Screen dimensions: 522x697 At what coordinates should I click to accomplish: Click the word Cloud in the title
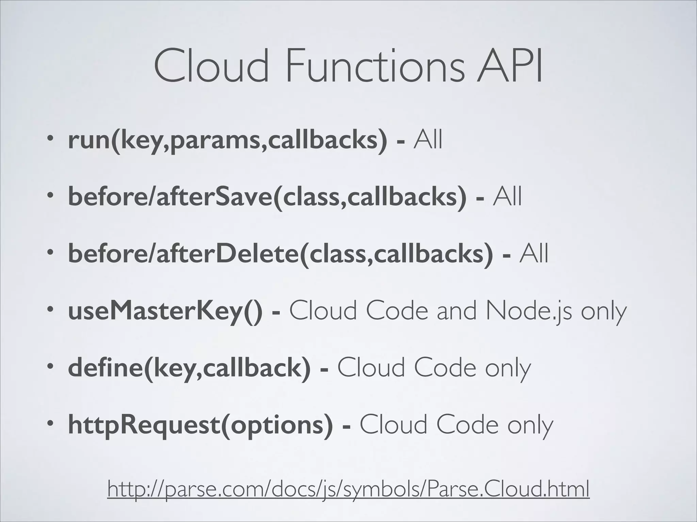[x=211, y=66]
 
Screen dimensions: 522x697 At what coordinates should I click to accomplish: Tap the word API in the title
[x=509, y=66]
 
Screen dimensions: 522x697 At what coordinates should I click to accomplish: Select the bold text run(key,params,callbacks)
[x=227, y=140]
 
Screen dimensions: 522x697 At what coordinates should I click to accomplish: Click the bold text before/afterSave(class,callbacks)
[x=267, y=197]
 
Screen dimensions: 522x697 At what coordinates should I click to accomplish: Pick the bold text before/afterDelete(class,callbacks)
[x=280, y=254]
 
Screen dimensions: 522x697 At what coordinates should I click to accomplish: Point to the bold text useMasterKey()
[x=165, y=311]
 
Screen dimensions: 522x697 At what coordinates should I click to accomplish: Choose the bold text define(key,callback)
[x=189, y=368]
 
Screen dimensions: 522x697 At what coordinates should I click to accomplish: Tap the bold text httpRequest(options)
[x=200, y=425]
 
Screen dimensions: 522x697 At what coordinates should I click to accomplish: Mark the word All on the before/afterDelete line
[x=534, y=254]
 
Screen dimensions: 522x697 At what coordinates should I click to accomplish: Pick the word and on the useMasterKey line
[x=456, y=311]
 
